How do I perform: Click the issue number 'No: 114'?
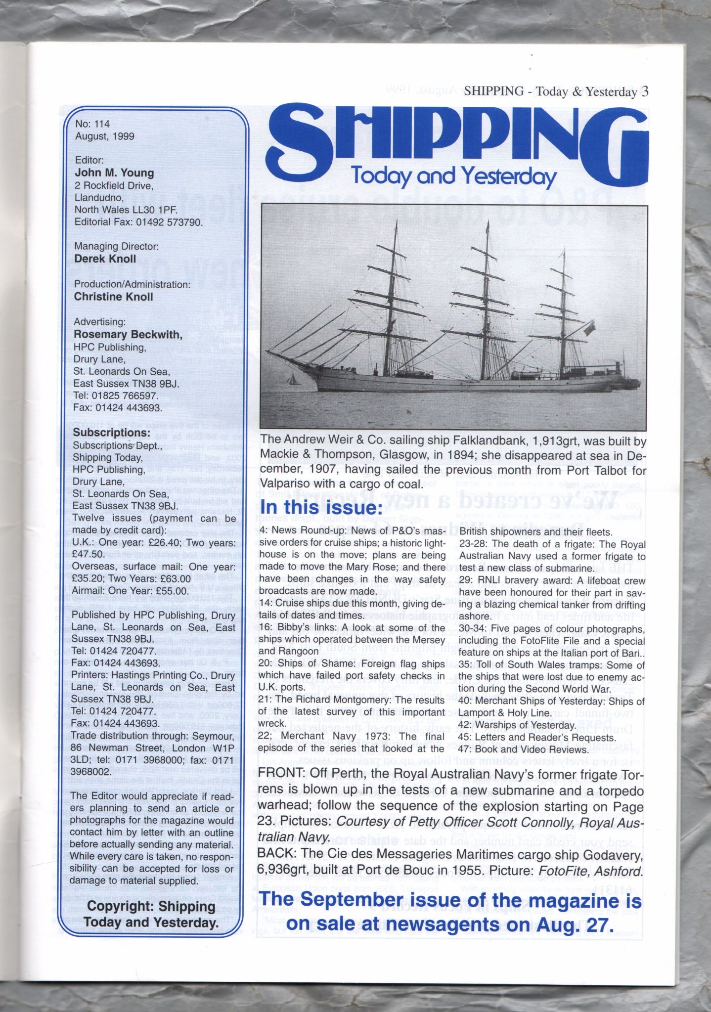tap(92, 124)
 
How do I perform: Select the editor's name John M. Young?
tap(114, 173)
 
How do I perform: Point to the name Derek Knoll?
tap(105, 259)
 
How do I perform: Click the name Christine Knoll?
tap(113, 297)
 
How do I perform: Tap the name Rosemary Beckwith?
tap(128, 335)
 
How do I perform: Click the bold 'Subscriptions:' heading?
tap(111, 433)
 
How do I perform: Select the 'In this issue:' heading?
tap(321, 508)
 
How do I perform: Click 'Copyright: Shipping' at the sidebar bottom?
tap(151, 907)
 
